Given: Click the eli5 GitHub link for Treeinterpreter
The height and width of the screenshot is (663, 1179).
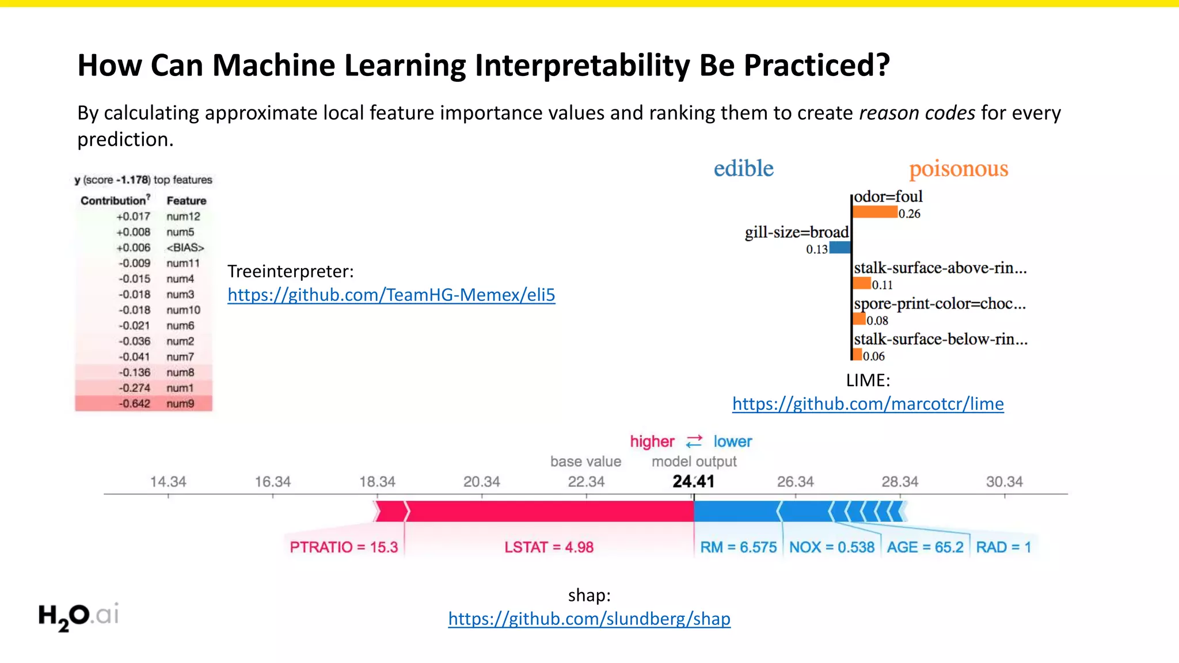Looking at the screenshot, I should point(391,295).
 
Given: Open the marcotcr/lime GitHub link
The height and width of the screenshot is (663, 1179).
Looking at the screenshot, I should point(868,404).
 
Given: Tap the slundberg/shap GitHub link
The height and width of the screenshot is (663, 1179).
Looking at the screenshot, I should point(589,619).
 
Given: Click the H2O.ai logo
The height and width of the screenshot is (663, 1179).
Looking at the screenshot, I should point(78,616).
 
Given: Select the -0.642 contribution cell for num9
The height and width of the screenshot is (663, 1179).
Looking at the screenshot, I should point(134,404).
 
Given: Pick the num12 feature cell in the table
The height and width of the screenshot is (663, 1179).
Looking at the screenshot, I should point(183,216).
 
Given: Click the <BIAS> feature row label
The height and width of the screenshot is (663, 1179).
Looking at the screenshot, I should point(185,247).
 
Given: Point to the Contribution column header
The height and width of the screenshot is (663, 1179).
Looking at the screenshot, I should point(114,200).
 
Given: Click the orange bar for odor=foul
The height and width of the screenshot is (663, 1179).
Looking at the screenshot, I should point(874,212).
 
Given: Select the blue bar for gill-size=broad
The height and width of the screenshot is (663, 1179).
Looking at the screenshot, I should point(840,248).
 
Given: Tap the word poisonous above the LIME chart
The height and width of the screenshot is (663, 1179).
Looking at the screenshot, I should point(958,169).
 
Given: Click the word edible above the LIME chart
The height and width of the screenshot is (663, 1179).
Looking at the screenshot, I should point(743,168).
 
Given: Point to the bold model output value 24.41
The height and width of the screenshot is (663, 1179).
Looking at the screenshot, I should point(693,481).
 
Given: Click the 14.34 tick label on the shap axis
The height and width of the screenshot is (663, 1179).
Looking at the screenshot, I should point(168,482).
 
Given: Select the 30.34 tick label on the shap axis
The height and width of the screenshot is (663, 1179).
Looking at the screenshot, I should point(1004,482).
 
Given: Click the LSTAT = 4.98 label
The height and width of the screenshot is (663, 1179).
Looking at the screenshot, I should point(549,547).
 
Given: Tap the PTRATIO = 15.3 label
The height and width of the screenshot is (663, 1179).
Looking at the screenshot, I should point(344,547).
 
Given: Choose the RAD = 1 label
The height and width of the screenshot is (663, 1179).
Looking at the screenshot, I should point(1003,547).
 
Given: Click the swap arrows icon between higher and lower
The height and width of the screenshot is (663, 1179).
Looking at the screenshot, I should point(694,441).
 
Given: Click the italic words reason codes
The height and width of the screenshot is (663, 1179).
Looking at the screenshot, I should point(916,113).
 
